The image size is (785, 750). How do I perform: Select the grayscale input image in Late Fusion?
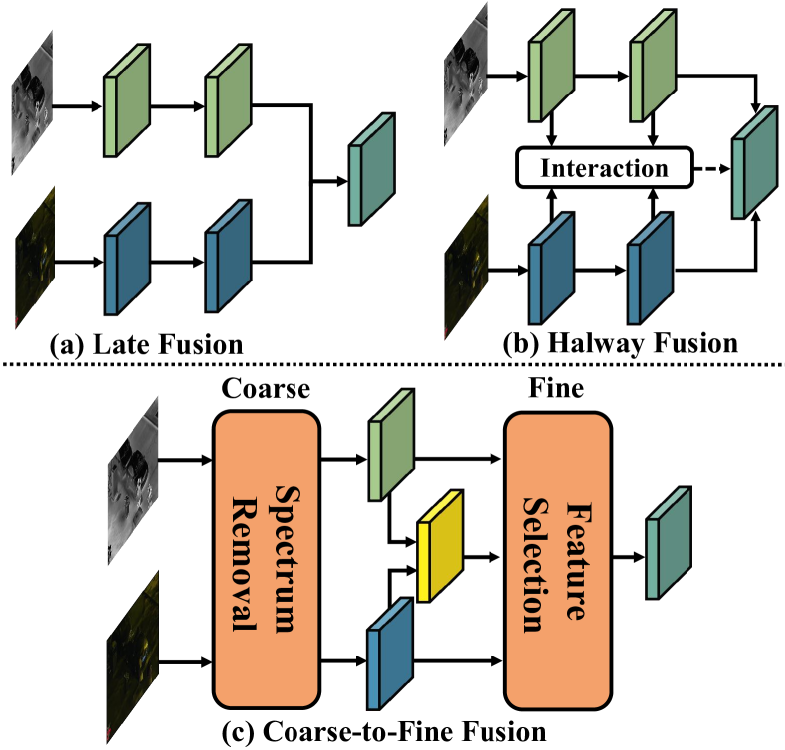[33, 106]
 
